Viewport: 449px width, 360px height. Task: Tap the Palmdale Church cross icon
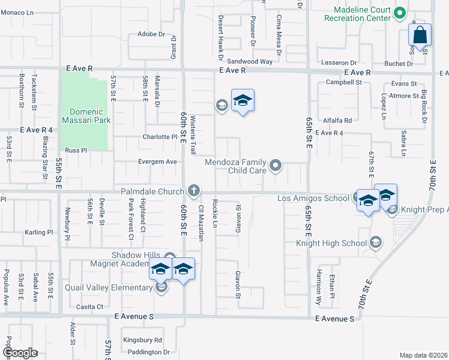pyautogui.click(x=193, y=191)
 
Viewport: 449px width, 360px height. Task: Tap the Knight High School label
pyautogui.click(x=331, y=243)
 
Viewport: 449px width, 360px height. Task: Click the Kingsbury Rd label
pyautogui.click(x=142, y=340)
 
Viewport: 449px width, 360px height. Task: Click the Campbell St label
pyautogui.click(x=344, y=82)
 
